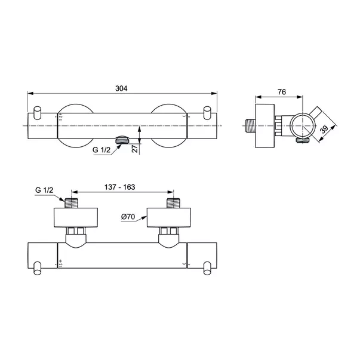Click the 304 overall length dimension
coord(121,88)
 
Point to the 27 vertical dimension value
coord(135,149)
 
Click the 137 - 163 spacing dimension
coord(120,187)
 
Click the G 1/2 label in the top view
coord(101,150)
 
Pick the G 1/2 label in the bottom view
coord(44,190)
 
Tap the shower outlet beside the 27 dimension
coord(121,141)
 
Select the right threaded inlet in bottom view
coord(173,202)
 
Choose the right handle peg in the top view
coord(207,113)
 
